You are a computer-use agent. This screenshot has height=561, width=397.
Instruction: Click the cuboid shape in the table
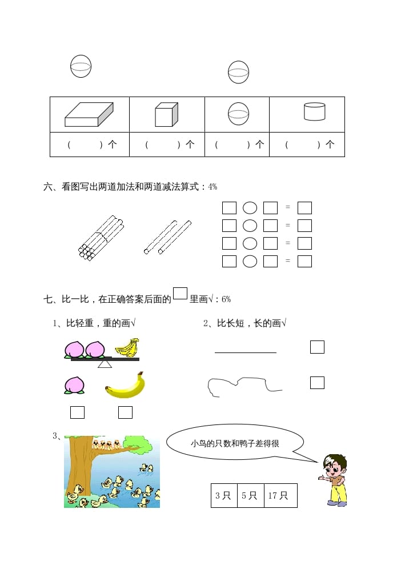click(x=89, y=115)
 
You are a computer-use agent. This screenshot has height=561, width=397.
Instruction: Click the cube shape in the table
click(x=167, y=115)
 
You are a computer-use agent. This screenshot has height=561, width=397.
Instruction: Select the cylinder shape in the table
click(x=314, y=112)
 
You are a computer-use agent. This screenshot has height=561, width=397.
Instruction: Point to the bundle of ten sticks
click(x=101, y=238)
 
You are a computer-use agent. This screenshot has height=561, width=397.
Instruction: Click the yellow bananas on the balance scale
click(x=127, y=347)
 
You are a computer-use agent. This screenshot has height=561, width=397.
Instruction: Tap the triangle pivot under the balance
click(x=105, y=364)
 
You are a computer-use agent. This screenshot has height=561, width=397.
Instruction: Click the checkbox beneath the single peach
click(x=77, y=412)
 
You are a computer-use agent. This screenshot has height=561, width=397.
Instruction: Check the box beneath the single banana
click(x=125, y=412)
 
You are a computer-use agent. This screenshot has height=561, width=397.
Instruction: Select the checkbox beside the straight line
click(x=317, y=347)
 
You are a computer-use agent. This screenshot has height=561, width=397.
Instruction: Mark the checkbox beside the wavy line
click(x=317, y=383)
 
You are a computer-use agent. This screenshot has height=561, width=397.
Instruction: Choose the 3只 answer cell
click(x=223, y=496)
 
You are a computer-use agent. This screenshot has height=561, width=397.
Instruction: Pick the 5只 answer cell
click(x=250, y=496)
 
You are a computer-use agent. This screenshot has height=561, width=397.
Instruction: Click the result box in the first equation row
click(x=304, y=208)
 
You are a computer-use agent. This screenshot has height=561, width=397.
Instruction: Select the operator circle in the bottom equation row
click(x=250, y=261)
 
